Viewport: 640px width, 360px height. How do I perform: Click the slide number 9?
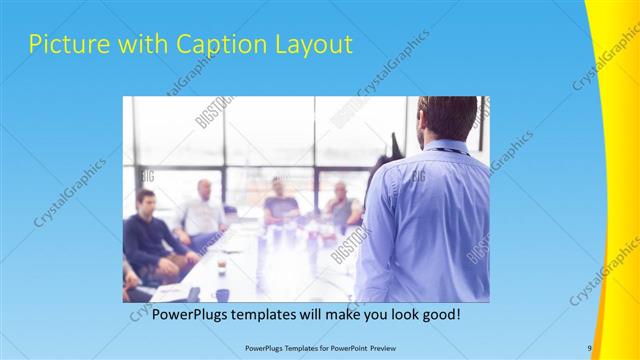[x=590, y=347]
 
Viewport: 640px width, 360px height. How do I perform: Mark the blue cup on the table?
[x=222, y=295]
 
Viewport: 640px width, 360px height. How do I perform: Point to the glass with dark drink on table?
[x=221, y=265]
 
